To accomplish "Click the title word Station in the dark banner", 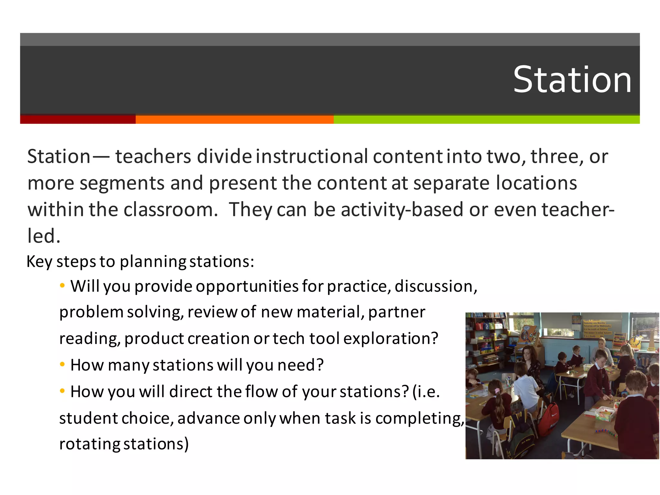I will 572,80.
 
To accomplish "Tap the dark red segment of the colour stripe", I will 78,119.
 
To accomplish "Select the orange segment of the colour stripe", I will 234,119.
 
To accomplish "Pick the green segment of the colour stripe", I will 486,119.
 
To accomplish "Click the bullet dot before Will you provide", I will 63,285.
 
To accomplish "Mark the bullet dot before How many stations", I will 63,364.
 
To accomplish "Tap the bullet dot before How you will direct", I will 63,391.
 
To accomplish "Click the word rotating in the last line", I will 90,444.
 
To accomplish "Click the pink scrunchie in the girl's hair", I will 498,391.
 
